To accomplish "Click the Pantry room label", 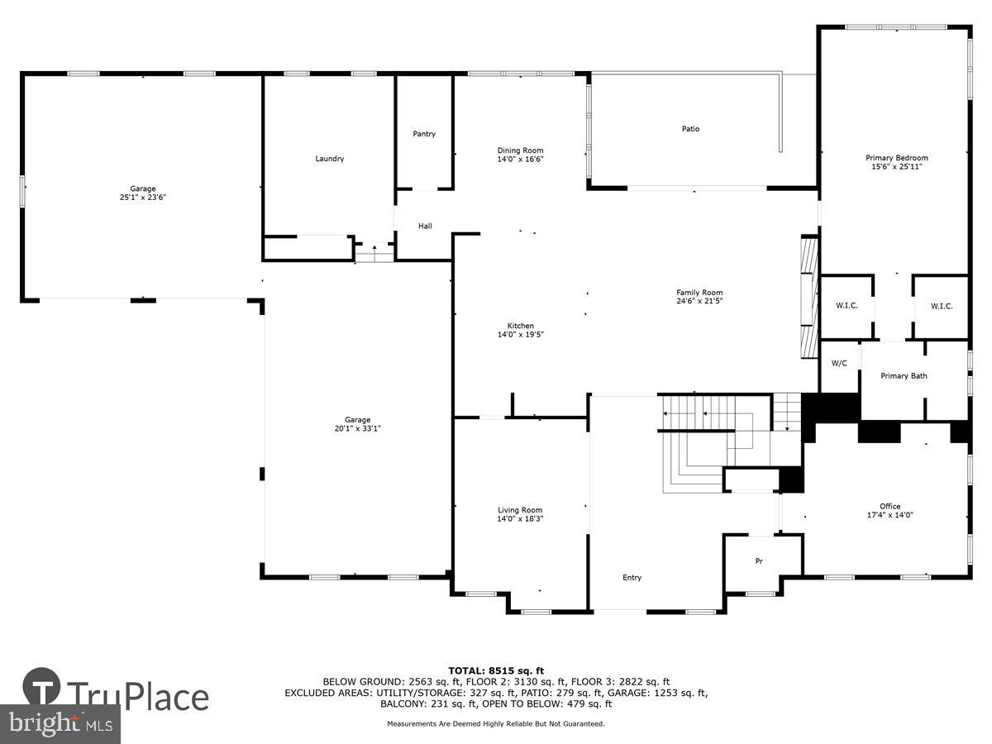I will (x=424, y=134).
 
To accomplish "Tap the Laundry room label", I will (x=329, y=159).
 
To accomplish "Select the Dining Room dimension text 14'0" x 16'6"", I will (x=520, y=160).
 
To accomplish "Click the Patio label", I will (x=690, y=129).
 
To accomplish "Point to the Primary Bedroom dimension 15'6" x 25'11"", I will (x=896, y=167).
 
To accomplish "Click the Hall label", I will (x=424, y=227).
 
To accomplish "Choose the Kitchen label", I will (x=520, y=326).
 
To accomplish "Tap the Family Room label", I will (x=699, y=293).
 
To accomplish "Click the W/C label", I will (x=839, y=363).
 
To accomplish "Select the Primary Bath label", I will (x=904, y=376).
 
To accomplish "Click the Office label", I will (x=889, y=506).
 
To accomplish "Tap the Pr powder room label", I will (x=759, y=561).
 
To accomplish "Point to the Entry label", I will (x=632, y=578).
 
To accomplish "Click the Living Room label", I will (x=520, y=510).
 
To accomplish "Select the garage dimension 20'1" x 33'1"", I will (x=357, y=428).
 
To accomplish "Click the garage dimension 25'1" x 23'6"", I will (x=142, y=198).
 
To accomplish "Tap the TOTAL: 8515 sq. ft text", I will (x=496, y=670).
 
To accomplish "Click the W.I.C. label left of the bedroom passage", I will (x=847, y=306).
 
